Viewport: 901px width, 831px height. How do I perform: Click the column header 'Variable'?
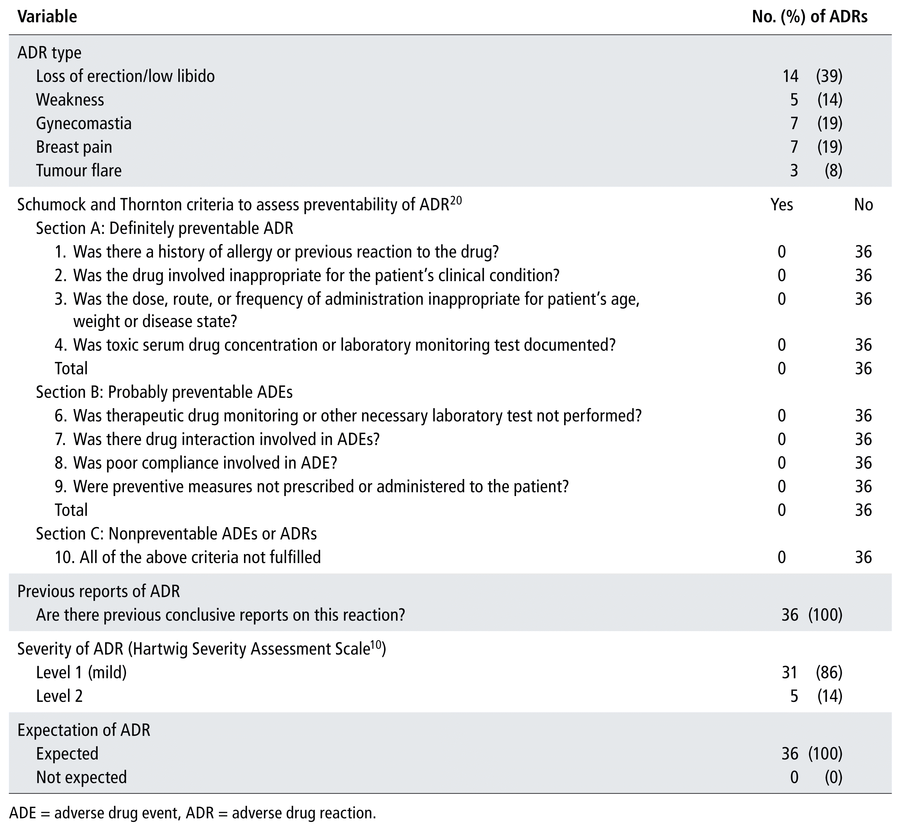(x=47, y=17)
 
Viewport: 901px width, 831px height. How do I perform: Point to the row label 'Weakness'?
(x=70, y=100)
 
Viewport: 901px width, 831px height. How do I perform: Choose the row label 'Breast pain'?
(x=74, y=147)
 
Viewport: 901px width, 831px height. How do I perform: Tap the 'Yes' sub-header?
(x=782, y=205)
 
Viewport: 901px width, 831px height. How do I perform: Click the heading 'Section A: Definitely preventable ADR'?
(x=165, y=228)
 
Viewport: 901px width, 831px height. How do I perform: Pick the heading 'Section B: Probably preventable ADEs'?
(x=164, y=392)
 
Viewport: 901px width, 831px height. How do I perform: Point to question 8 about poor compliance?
(x=196, y=463)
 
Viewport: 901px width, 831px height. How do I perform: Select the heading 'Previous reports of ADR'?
(x=99, y=591)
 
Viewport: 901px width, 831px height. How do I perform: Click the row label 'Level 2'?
(x=59, y=696)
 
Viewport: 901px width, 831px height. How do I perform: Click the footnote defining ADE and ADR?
(x=192, y=813)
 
